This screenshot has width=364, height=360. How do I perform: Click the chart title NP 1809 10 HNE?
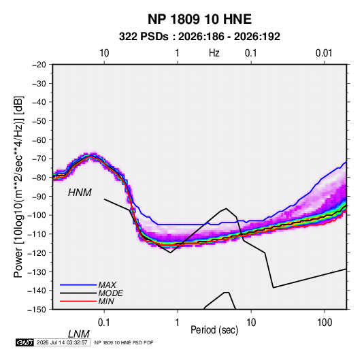199,19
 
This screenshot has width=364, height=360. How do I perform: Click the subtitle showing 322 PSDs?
199,37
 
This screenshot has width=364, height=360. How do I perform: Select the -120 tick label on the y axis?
37,253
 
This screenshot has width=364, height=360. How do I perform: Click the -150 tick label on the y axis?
37,310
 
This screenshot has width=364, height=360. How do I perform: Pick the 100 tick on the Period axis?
324,323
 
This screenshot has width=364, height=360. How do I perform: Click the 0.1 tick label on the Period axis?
104,323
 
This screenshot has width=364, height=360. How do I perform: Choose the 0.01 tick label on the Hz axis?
324,53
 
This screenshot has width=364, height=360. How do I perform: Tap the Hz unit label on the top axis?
214,53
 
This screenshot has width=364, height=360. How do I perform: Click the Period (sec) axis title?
214,330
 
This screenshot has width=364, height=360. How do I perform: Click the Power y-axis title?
18,187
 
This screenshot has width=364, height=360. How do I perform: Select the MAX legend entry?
107,285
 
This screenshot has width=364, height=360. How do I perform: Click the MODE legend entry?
110,293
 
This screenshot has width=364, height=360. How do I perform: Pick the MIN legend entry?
106,301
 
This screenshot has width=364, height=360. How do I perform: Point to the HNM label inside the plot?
80,193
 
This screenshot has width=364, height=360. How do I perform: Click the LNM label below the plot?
78,334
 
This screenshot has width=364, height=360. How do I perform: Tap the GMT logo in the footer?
25,342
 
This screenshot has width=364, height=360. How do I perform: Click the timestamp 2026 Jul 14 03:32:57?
62,342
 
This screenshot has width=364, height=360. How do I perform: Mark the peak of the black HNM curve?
226,208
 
